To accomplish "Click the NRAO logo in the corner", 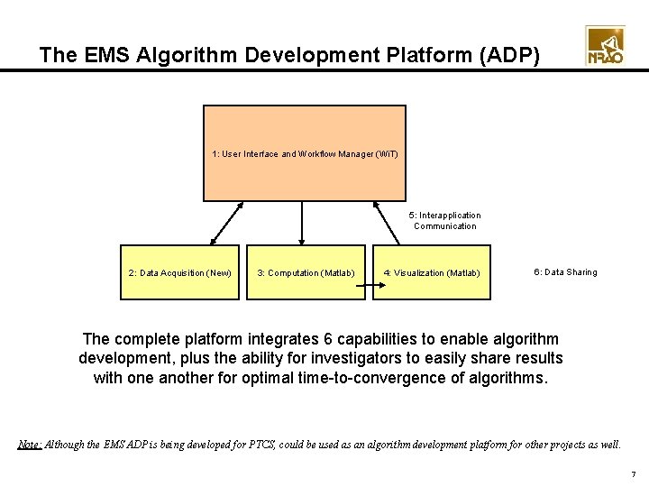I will [x=605, y=46].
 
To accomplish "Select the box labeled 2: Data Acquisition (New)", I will [x=180, y=272].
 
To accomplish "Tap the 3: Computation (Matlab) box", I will [x=306, y=272].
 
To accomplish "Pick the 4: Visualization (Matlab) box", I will [x=432, y=272].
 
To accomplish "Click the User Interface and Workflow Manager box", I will [x=305, y=153].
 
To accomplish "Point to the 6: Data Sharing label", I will [x=565, y=272].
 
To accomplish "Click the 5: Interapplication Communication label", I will [x=445, y=221].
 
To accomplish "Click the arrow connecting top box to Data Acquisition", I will [x=227, y=223].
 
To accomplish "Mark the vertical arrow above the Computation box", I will [x=304, y=223].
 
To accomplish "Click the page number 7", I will [x=633, y=474].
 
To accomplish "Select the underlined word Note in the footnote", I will [x=29, y=445].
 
